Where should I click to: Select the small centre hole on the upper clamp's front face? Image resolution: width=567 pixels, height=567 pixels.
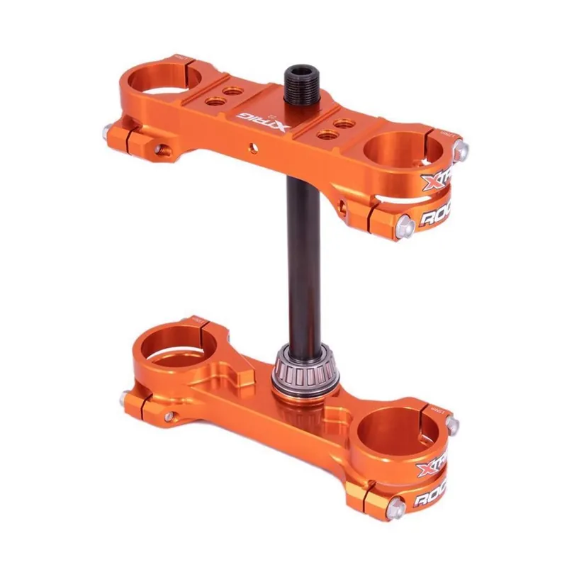pos(250,147)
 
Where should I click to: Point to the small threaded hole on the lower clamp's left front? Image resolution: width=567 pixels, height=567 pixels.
pos(169,417)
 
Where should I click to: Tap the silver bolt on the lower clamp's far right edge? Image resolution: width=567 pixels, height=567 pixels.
pos(451,425)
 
